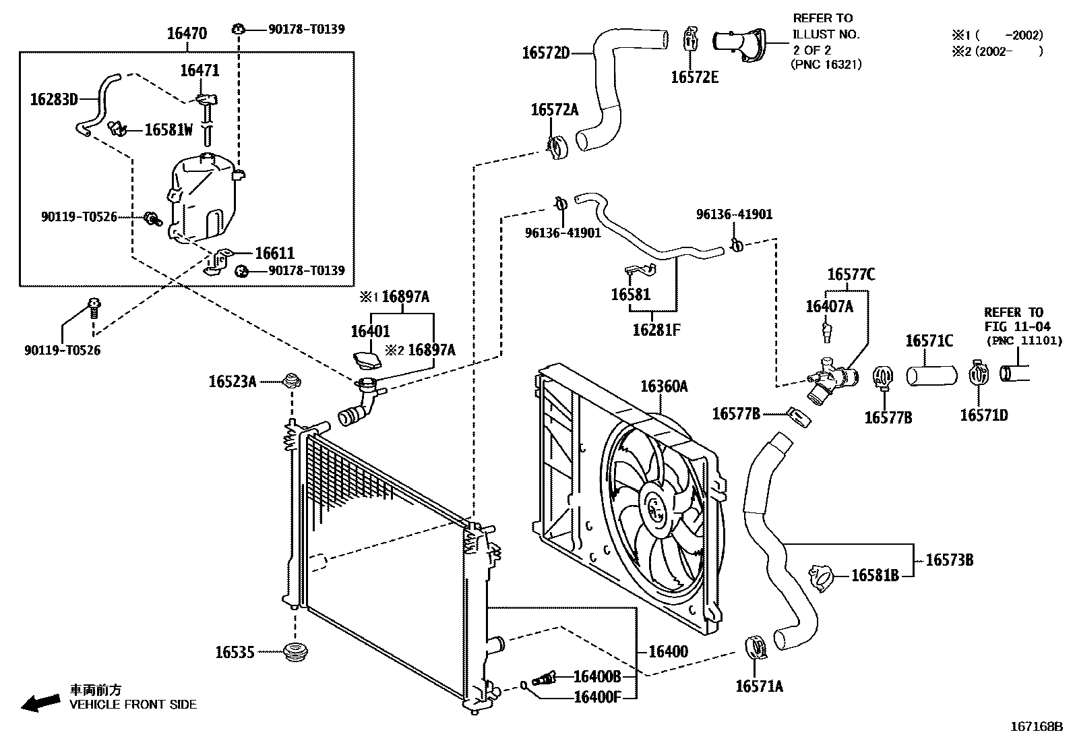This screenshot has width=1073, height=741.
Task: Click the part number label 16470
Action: point(187,34)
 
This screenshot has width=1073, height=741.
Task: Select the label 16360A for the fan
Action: point(664,386)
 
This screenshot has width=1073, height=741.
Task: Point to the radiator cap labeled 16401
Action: point(367,359)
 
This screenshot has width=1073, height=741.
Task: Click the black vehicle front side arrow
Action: point(40,703)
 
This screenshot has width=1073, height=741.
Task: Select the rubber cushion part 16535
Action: point(296,652)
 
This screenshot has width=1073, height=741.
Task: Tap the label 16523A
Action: point(233,382)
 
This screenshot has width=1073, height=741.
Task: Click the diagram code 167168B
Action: point(1036,727)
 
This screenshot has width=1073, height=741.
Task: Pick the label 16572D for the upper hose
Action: point(546,53)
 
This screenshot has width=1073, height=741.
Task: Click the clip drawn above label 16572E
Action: point(690,38)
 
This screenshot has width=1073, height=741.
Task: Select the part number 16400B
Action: point(597,677)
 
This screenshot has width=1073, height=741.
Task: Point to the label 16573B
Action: point(950,560)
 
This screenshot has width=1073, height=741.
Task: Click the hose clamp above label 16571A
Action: point(756,647)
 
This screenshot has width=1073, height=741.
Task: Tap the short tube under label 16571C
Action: point(931,376)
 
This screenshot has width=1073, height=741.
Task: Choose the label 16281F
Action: point(656,330)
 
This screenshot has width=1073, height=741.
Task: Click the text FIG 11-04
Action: point(1018,327)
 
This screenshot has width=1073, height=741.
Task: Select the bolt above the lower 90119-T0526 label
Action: point(94,307)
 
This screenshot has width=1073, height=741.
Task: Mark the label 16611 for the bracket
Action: point(274,253)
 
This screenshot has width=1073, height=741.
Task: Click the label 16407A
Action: point(829,306)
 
